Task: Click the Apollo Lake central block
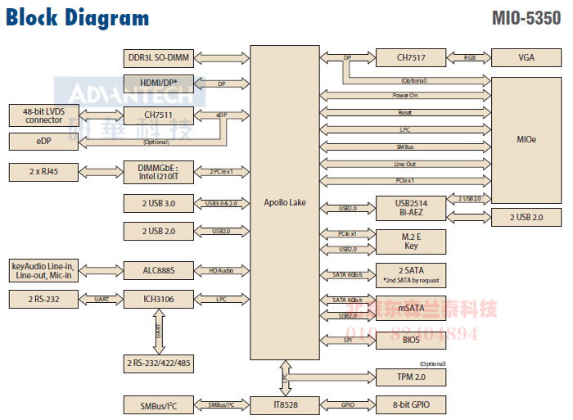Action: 286,202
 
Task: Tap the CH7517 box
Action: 410,57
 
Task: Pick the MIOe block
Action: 526,139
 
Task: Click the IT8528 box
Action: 286,404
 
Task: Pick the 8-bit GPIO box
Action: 410,404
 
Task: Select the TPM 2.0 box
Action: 410,377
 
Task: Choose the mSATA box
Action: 410,308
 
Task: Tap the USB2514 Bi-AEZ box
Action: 410,208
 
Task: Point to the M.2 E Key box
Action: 410,240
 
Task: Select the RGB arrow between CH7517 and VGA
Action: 469,57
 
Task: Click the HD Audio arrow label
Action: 220,269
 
